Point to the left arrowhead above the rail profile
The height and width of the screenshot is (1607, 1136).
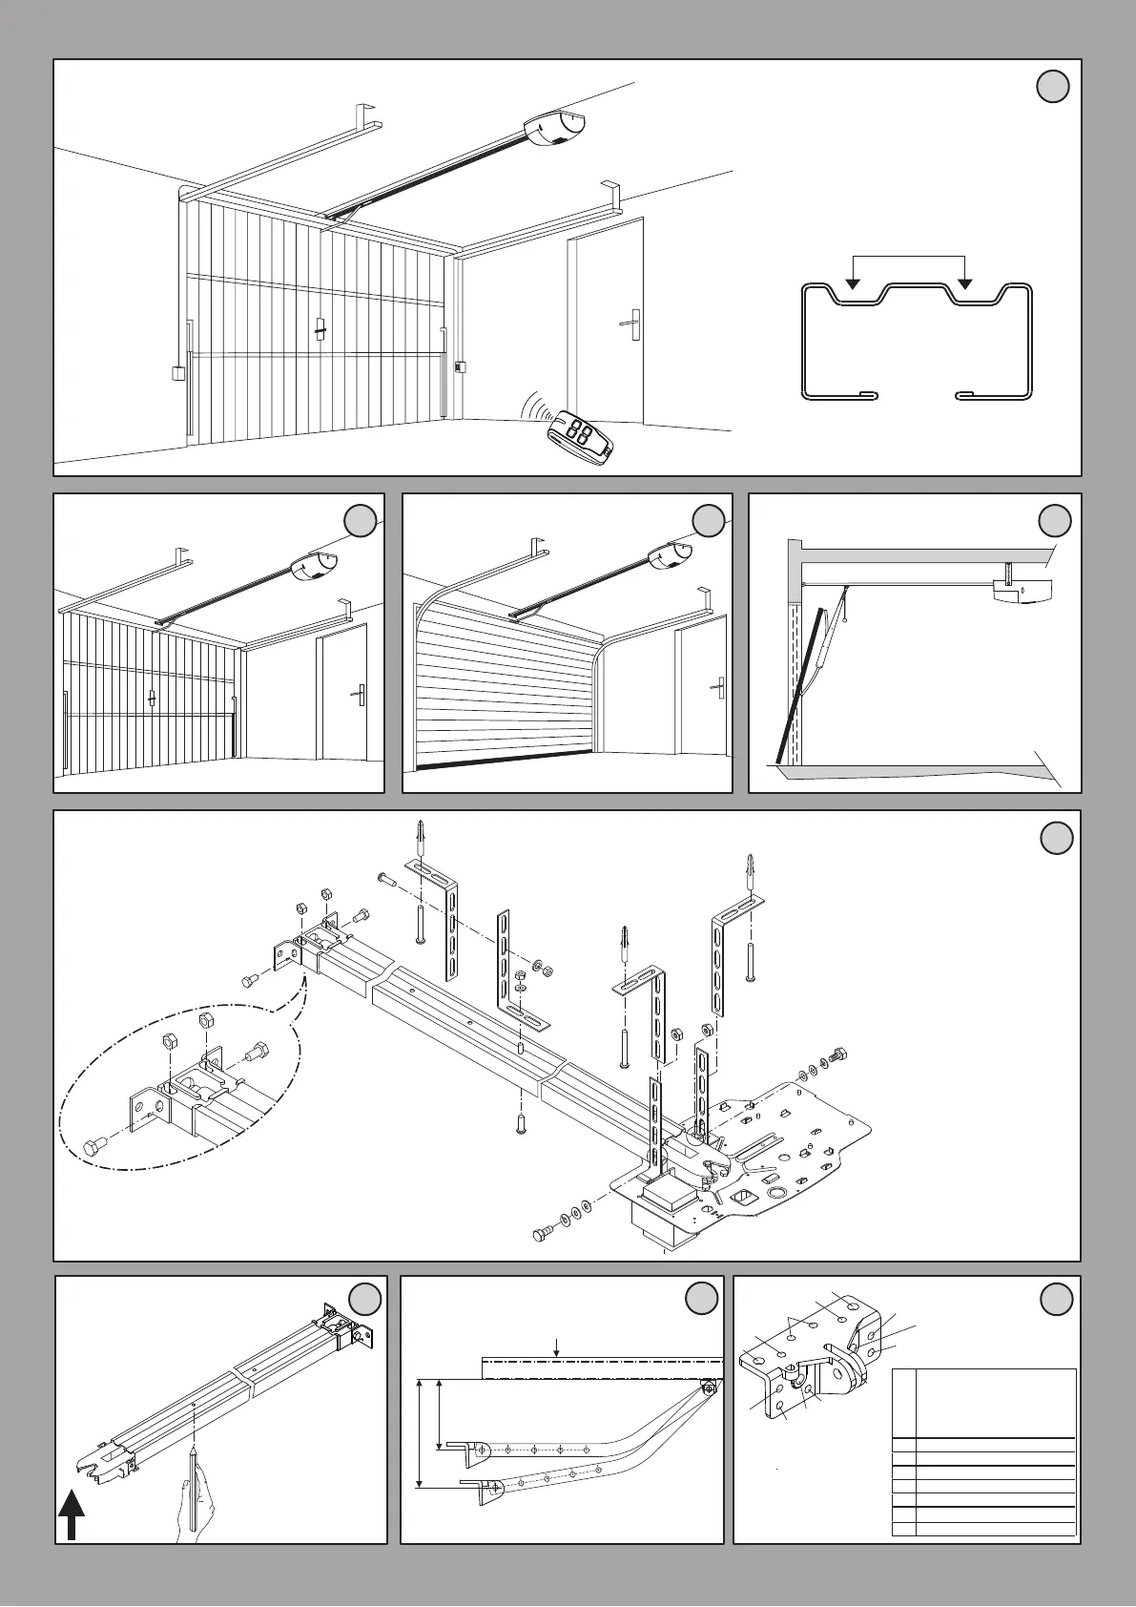[x=854, y=283]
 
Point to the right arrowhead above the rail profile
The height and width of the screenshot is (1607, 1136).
[x=965, y=283]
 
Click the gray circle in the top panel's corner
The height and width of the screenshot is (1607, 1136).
[x=1052, y=87]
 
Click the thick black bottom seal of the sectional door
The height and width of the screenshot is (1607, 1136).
[x=504, y=761]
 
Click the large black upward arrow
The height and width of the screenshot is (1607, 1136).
[x=72, y=1517]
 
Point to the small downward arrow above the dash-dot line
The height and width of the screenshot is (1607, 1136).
[x=557, y=1348]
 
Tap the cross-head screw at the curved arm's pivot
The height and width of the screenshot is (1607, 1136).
[x=709, y=1388]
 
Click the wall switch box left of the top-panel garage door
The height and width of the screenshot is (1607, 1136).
[x=176, y=372]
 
